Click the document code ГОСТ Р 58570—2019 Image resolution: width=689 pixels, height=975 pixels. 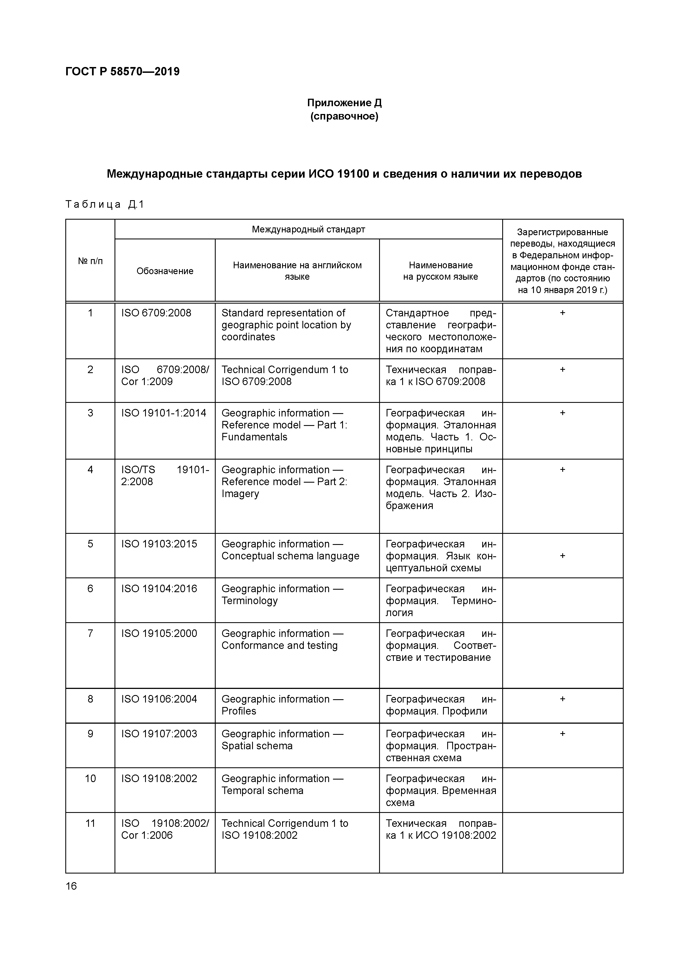pos(122,71)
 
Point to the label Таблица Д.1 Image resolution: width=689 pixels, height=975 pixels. pos(105,205)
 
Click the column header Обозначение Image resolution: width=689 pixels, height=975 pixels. pos(165,271)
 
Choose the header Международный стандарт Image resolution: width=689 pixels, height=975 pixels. pos(308,229)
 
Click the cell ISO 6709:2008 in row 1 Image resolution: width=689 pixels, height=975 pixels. pos(156,313)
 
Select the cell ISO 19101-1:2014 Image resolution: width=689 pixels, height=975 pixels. pos(163,413)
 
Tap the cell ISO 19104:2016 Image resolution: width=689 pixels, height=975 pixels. pos(159,589)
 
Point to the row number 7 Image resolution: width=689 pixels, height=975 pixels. pos(90,633)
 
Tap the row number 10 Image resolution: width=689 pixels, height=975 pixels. pos(90,778)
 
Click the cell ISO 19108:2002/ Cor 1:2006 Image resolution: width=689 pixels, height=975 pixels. pos(165,829)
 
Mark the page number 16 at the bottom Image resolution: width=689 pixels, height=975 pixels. pos(71,886)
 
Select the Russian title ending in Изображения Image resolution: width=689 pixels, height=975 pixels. pos(440,488)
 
